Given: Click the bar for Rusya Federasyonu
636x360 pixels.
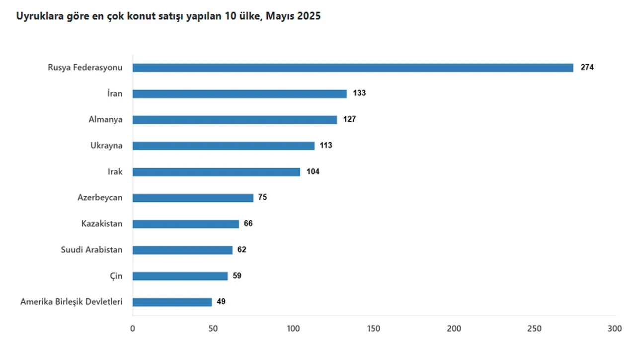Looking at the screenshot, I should click(353, 68).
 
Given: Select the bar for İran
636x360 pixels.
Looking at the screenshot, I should click(239, 93).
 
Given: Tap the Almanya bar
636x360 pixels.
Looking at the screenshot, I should click(235, 120).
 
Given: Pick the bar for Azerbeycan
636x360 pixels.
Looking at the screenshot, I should click(193, 198).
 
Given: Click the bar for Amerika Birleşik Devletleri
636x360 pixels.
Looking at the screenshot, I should click(172, 302).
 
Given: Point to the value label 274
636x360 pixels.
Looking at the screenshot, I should click(587, 68).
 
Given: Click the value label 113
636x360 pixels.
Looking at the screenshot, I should click(325, 146).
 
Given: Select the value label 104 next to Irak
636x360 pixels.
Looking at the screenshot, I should click(313, 172).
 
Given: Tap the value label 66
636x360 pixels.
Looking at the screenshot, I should click(248, 224).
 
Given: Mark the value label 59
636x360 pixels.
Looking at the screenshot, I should click(237, 275).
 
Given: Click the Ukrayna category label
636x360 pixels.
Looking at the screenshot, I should click(106, 146).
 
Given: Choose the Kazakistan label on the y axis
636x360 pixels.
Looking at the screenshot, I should click(102, 224).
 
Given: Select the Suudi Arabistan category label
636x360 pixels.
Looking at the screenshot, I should click(91, 250).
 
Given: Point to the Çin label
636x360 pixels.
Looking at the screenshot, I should click(116, 275).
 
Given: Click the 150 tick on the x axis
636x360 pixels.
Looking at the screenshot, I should click(374, 329).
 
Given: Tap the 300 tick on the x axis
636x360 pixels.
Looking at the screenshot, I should click(615, 329).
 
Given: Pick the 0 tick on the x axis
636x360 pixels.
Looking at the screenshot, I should click(132, 329).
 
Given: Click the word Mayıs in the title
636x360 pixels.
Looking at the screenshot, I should click(280, 16).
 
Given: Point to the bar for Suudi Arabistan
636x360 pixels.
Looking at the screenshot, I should click(182, 250).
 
